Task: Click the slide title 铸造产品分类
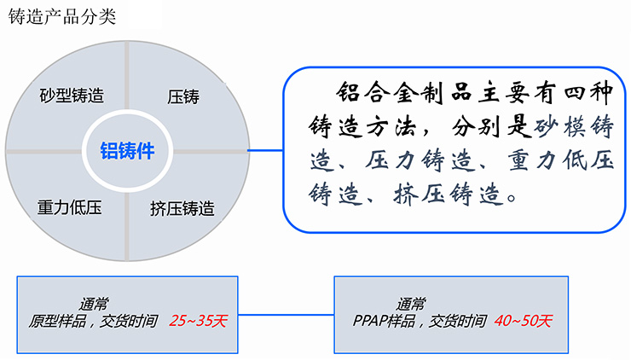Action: [61, 17]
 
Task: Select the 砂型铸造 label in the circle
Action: [72, 93]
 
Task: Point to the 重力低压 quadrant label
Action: [70, 207]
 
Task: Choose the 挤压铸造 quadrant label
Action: [182, 207]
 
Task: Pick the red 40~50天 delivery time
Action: [523, 322]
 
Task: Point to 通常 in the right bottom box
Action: [412, 303]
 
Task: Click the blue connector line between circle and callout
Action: [265, 151]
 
